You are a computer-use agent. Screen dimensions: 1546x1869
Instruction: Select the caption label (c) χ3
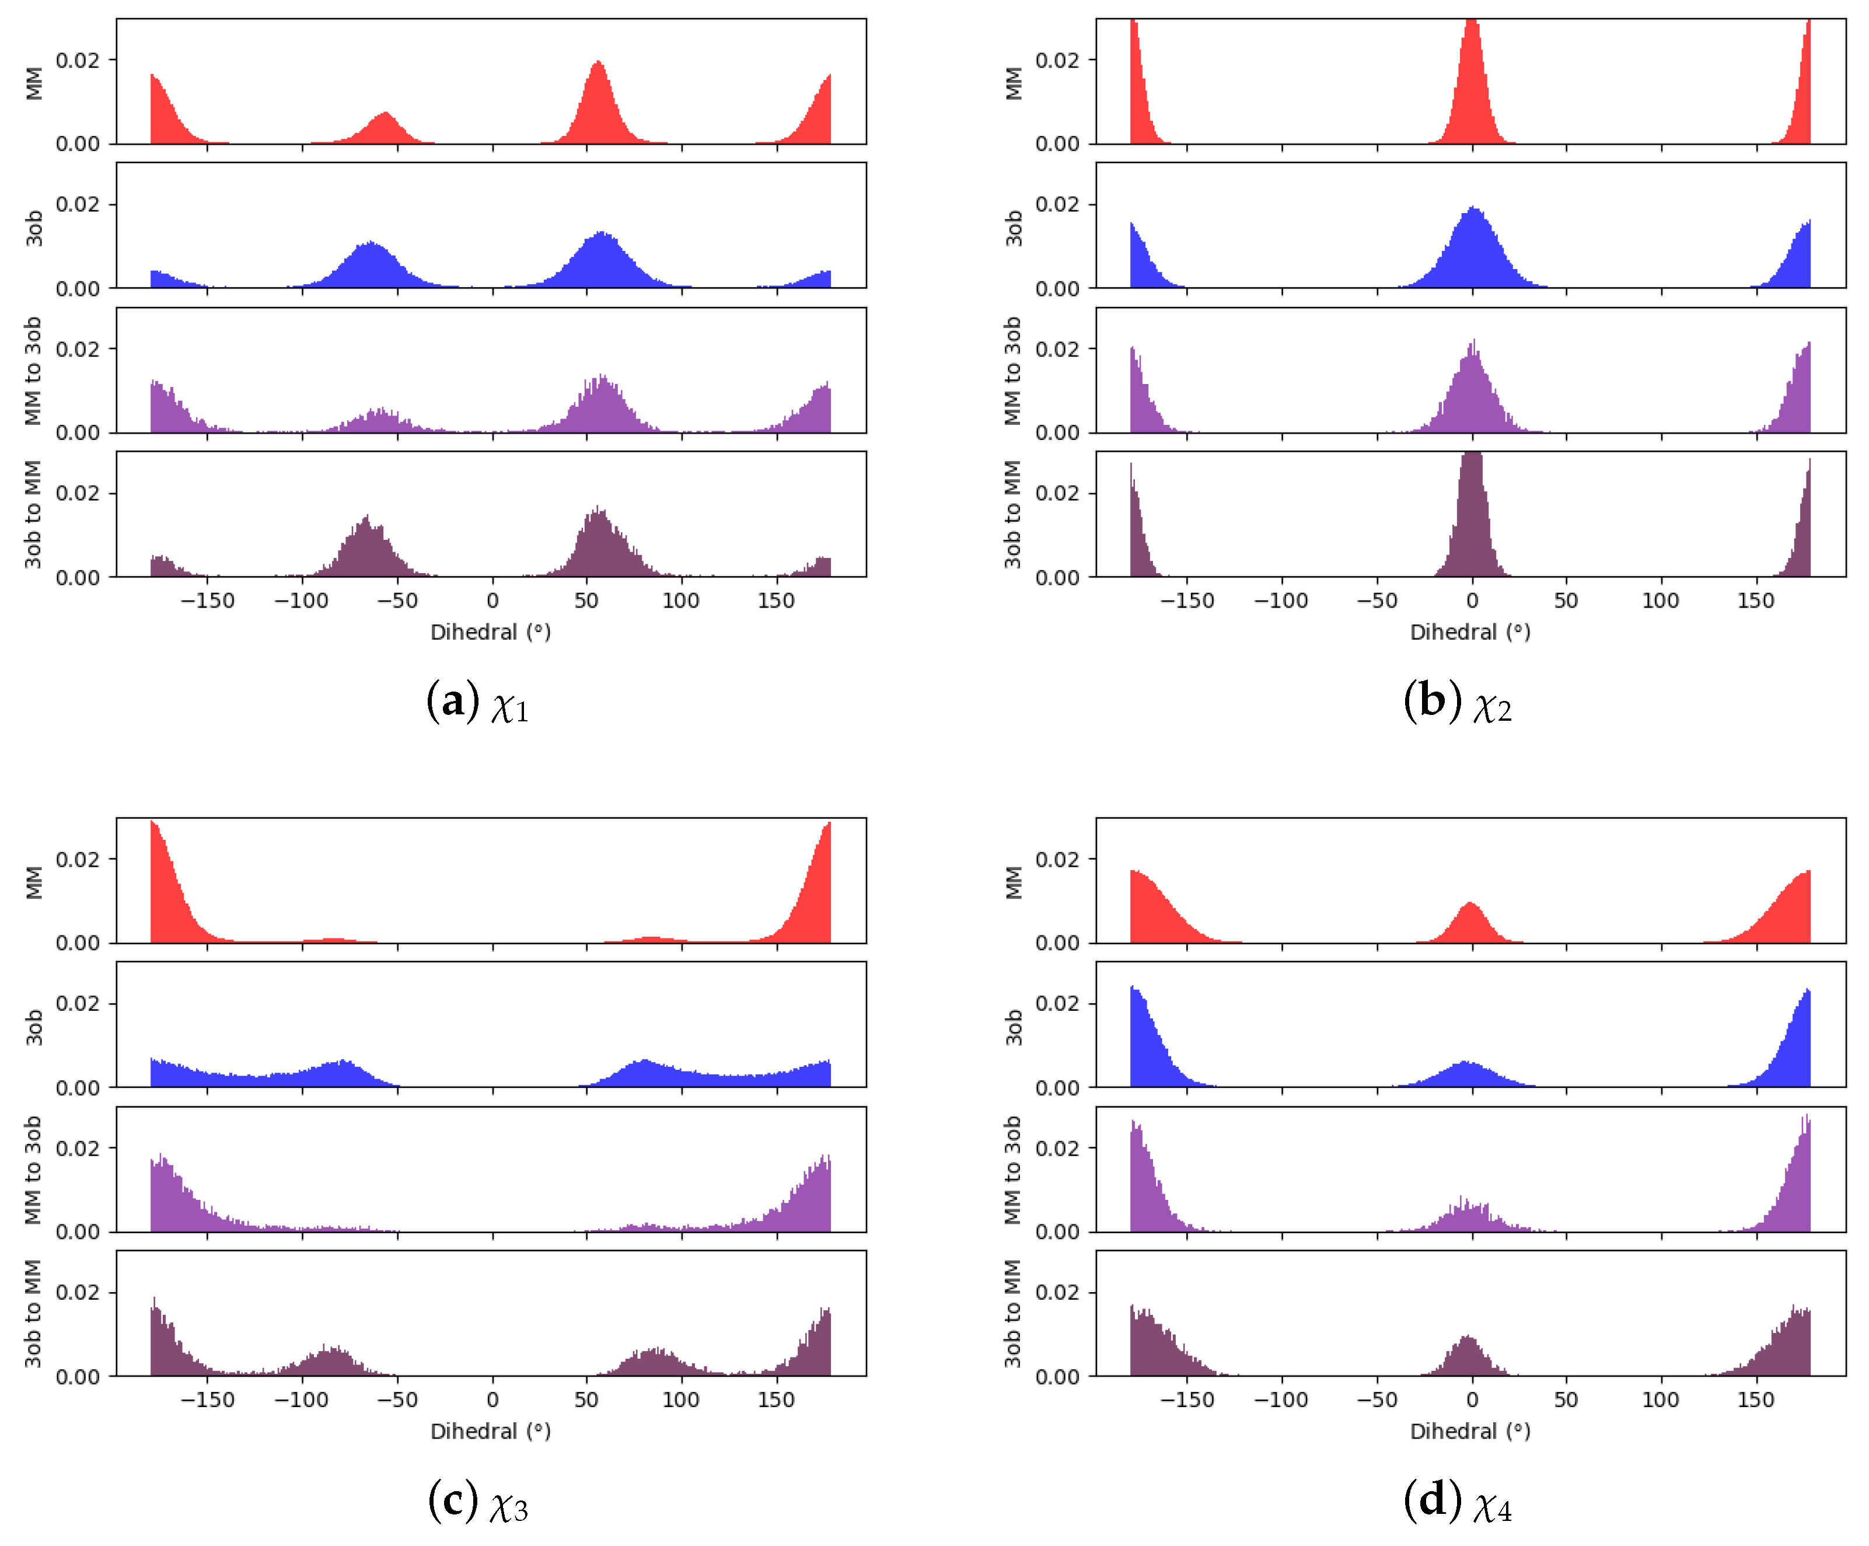(x=478, y=1502)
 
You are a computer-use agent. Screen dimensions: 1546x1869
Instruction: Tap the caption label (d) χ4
(x=1458, y=1502)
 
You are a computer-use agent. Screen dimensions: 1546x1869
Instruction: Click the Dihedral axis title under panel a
(x=490, y=632)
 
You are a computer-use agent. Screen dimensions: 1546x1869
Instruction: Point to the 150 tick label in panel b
(x=1756, y=601)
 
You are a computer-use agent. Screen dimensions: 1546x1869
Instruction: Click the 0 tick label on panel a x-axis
(x=492, y=601)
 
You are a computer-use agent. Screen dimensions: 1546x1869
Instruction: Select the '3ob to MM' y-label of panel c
(x=33, y=1314)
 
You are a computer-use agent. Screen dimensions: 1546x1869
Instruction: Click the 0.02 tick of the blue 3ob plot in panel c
(x=78, y=1003)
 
